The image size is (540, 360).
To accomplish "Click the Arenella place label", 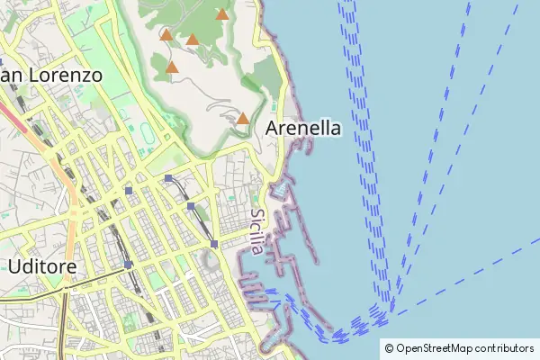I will [x=303, y=129].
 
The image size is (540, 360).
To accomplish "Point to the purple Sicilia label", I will [x=257, y=231].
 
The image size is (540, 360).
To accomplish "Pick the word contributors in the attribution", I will [x=505, y=348].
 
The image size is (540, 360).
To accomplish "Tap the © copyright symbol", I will [x=389, y=348].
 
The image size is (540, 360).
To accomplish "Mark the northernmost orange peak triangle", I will [x=222, y=14].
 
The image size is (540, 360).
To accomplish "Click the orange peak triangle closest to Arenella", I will [x=242, y=118].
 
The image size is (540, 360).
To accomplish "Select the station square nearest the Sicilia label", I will [x=214, y=244].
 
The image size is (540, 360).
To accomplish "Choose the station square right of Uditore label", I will [x=129, y=265].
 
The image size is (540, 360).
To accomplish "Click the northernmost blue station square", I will [x=168, y=178].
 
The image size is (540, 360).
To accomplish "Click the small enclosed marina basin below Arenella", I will [x=280, y=189].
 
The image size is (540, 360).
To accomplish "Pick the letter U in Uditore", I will [x=13, y=266].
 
